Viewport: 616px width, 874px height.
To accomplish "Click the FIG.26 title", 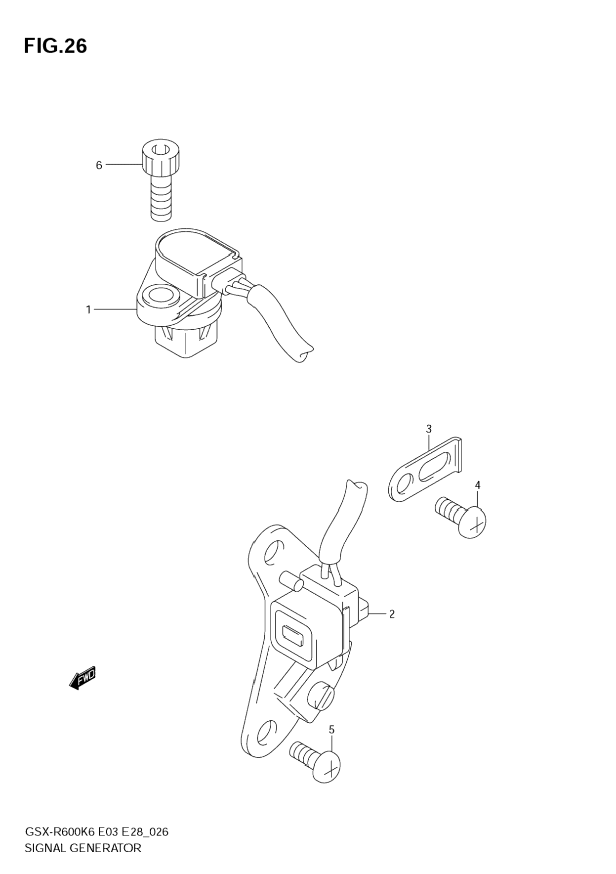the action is coord(55,46).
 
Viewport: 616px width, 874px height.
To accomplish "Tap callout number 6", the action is coord(99,165).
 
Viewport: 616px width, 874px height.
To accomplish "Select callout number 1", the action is coord(88,310).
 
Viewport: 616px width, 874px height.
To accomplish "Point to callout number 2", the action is coord(392,614).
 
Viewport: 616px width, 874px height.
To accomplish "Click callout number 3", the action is coord(429,429).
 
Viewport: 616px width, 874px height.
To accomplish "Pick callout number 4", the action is coord(478,485).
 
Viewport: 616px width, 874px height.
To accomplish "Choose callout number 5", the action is coord(331,730).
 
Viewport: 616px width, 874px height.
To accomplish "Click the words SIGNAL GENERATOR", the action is coord(82,848).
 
